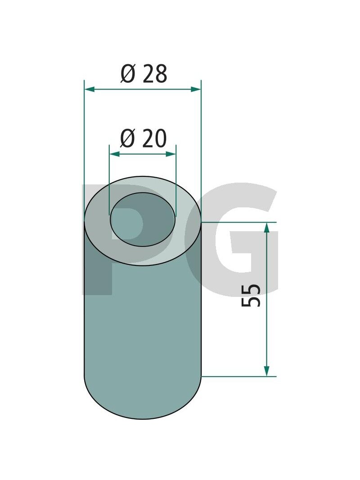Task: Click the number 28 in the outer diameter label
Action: [155, 74]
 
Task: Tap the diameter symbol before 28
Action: [128, 74]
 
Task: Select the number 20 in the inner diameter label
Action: [155, 139]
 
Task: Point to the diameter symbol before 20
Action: [127, 139]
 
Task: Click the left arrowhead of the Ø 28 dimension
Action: [89, 89]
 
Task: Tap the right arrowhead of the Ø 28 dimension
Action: [196, 89]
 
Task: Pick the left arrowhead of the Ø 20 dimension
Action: [114, 154]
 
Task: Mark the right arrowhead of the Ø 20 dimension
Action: [171, 154]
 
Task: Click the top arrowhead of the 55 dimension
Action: [267, 228]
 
